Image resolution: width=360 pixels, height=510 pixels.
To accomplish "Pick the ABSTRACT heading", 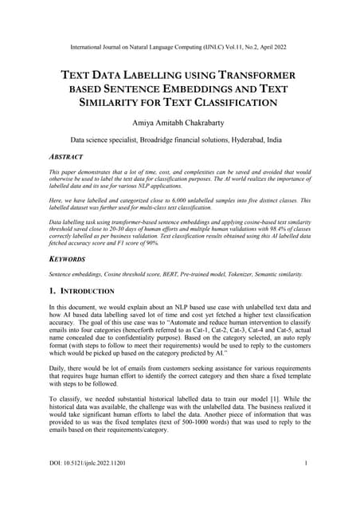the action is coord(71,157).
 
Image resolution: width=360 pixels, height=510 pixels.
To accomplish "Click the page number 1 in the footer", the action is coord(306,484).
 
